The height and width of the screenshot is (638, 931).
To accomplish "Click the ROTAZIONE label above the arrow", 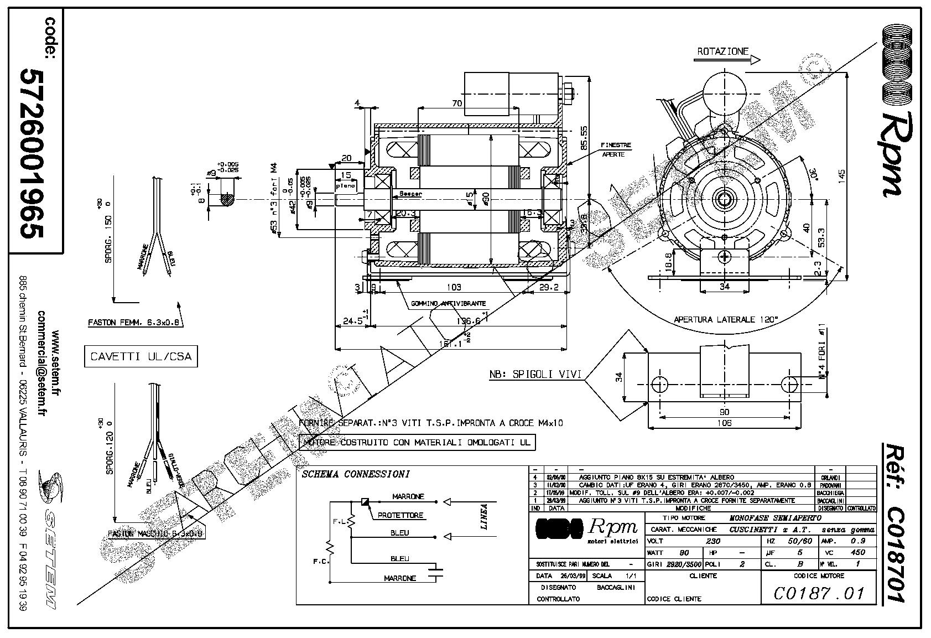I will (722, 51).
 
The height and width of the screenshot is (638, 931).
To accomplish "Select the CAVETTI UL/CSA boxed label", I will (141, 357).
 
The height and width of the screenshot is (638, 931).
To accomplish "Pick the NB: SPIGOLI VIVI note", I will (535, 375).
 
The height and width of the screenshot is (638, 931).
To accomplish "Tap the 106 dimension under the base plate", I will (724, 423).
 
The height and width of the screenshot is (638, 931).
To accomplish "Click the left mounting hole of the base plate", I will (660, 384).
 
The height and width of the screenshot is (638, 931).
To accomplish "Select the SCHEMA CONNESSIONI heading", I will (356, 474).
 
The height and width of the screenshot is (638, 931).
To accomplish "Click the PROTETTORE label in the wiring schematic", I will (401, 515).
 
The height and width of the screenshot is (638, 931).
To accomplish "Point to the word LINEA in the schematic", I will (484, 517).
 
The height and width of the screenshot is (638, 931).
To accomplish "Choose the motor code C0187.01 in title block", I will (818, 594).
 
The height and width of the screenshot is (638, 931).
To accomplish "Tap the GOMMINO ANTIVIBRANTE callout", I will (449, 303).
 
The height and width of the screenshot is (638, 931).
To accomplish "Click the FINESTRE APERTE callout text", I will (616, 149).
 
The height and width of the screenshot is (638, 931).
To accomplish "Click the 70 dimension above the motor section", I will (456, 103).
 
